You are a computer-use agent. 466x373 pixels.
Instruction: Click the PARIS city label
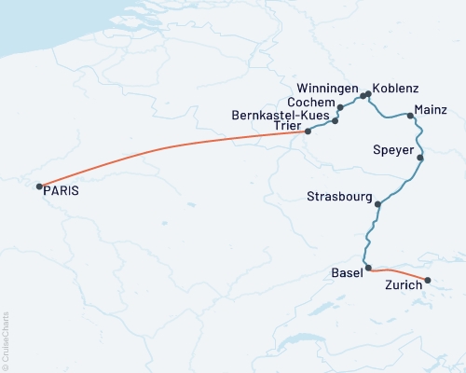tap(62, 190)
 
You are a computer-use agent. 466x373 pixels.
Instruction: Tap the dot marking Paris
tap(38, 186)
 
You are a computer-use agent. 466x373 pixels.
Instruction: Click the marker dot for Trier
tap(308, 131)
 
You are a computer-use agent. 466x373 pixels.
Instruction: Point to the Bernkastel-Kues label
tap(278, 116)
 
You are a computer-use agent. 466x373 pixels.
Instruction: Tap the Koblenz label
tap(393, 90)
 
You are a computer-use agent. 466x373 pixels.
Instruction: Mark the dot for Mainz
tap(410, 116)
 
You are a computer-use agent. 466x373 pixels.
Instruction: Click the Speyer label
tap(392, 150)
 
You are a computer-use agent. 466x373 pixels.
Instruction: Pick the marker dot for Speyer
tap(420, 158)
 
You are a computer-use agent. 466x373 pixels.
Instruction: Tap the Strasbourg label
tap(339, 196)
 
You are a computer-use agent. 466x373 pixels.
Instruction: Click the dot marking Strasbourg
tap(377, 204)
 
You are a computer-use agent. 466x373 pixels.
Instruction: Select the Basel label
tap(348, 273)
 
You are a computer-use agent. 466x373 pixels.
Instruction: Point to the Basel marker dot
tap(369, 268)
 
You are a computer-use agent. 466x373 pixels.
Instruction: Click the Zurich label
tap(404, 288)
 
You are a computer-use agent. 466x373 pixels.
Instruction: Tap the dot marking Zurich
tap(428, 280)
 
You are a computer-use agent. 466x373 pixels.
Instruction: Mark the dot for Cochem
tap(335, 120)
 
